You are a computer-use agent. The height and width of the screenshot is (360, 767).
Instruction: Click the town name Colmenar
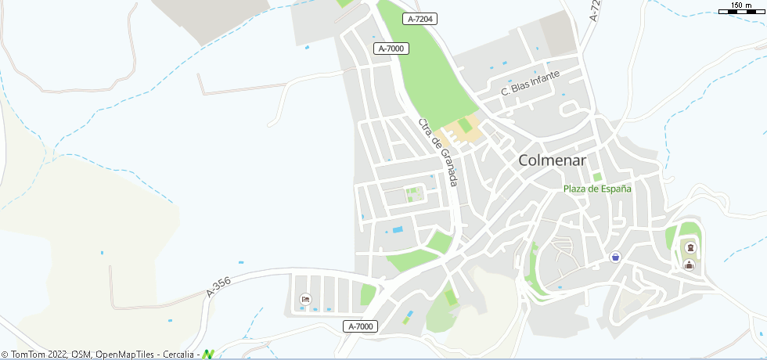(x=553, y=160)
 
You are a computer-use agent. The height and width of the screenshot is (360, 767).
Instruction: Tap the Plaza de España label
(x=597, y=189)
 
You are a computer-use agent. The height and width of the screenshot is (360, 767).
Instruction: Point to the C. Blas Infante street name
(x=530, y=84)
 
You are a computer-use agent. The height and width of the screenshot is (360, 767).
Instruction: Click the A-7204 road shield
(x=420, y=18)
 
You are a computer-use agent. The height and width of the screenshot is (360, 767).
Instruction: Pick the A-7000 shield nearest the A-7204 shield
(x=391, y=49)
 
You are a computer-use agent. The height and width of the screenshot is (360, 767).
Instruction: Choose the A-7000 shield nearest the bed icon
(x=361, y=326)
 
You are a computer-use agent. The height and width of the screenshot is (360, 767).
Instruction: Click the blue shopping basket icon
(x=615, y=257)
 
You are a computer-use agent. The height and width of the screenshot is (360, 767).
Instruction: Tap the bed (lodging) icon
(x=305, y=299)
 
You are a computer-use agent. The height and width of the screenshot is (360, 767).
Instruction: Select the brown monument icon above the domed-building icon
(x=690, y=248)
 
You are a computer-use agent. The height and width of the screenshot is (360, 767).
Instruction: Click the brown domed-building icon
(x=690, y=265)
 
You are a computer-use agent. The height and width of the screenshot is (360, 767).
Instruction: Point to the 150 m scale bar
(x=740, y=9)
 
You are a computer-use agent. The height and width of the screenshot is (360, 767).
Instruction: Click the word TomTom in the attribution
(x=27, y=355)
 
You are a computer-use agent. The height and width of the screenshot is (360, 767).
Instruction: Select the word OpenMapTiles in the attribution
(x=125, y=355)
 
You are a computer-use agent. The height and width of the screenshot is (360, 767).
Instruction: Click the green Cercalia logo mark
(x=208, y=355)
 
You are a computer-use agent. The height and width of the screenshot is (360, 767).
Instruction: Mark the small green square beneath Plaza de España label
(x=597, y=177)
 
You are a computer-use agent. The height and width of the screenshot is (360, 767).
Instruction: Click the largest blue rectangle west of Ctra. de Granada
(x=397, y=229)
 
